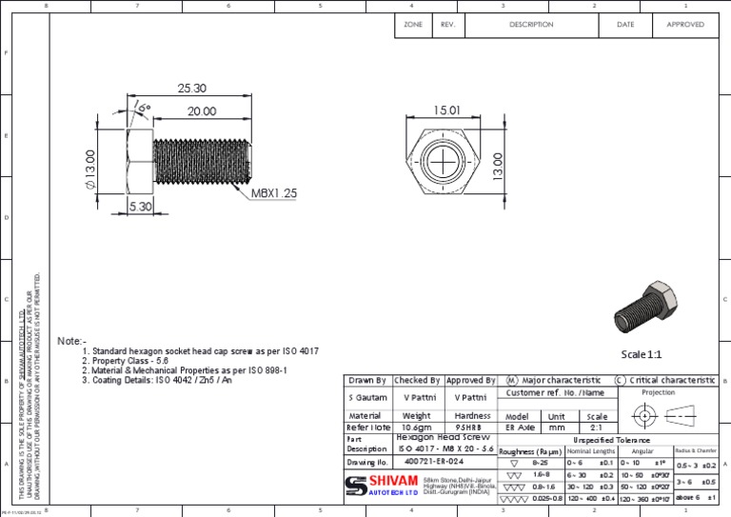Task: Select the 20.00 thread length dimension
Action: [x=200, y=110]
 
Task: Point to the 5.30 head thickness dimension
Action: [x=139, y=206]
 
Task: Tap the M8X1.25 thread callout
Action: [x=274, y=193]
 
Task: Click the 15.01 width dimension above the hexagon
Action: [x=447, y=111]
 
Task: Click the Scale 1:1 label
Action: [x=641, y=354]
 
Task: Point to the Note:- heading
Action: [x=71, y=341]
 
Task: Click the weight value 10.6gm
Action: [x=416, y=428]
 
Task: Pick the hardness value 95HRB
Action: [x=470, y=428]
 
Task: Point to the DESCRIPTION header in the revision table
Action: [x=531, y=25]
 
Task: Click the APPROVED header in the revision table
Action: [x=684, y=25]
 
